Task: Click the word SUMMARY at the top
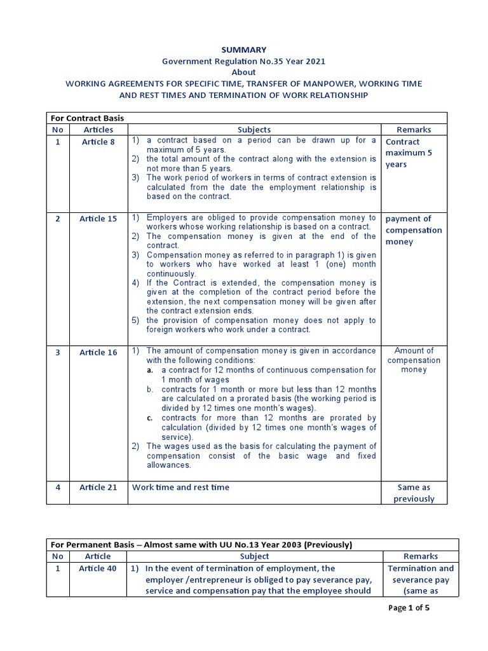click(244, 49)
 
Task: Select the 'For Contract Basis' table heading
click(86, 118)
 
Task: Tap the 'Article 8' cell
click(98, 142)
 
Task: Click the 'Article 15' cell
click(98, 219)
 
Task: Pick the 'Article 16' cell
click(98, 352)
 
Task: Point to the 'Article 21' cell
click(98, 488)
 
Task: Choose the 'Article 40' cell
click(98, 568)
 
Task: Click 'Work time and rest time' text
click(180, 488)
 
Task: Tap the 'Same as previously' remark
click(413, 493)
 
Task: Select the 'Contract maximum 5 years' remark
click(407, 153)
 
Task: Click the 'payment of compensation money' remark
click(413, 230)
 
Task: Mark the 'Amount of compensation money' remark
click(413, 360)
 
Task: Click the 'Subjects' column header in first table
click(254, 130)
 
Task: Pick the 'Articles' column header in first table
click(98, 130)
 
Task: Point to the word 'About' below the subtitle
click(244, 72)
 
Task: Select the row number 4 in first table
click(58, 488)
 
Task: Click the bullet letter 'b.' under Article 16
click(150, 389)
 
